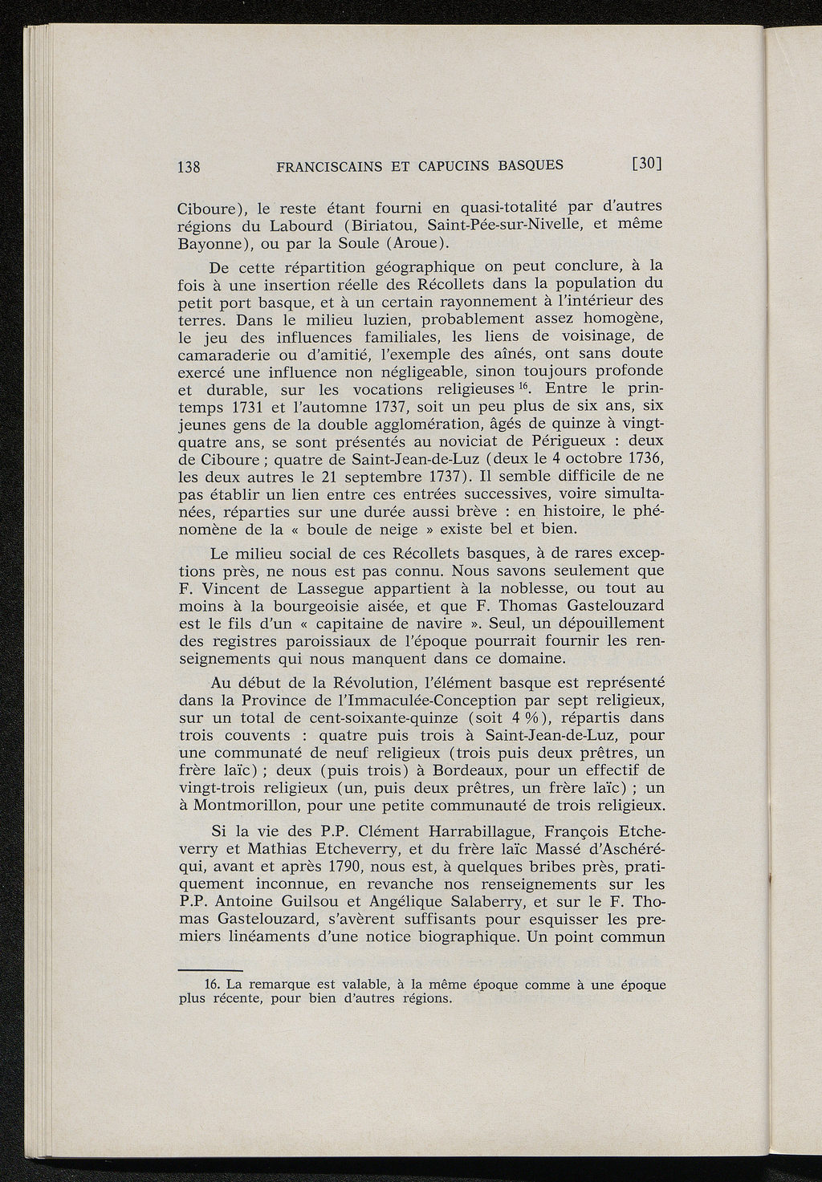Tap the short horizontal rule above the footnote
point(203,970)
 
